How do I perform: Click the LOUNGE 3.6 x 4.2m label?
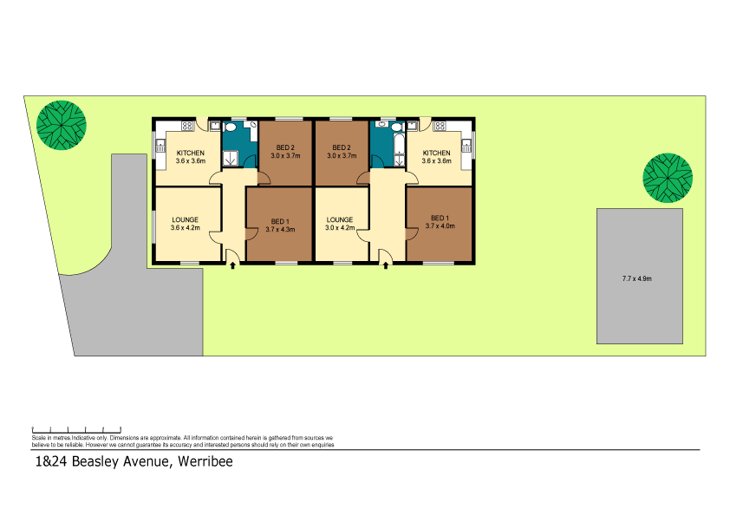coord(186,225)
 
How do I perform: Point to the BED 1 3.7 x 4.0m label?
coord(440,222)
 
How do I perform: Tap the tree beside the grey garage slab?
coord(668,178)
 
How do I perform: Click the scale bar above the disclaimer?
coord(75,429)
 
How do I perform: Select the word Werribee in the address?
coord(205,461)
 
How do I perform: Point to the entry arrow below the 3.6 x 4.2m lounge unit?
coord(232,265)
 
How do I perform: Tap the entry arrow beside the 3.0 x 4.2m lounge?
coord(386,265)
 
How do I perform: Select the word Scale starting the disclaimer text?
coord(40,438)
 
